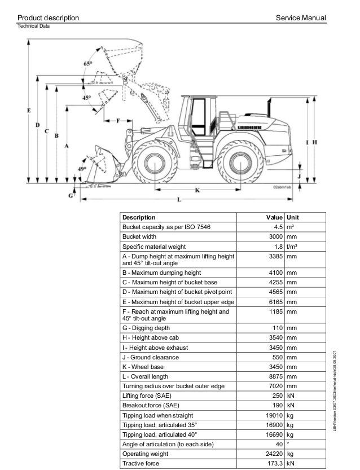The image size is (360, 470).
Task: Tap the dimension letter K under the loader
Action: click(x=197, y=190)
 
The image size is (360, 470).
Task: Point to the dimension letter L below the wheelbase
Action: click(x=179, y=200)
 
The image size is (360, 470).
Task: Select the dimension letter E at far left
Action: click(x=29, y=111)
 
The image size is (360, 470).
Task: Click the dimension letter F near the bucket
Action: click(x=119, y=121)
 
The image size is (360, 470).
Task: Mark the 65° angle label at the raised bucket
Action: click(x=87, y=64)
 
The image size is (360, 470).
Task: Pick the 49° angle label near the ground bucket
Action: click(x=82, y=169)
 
